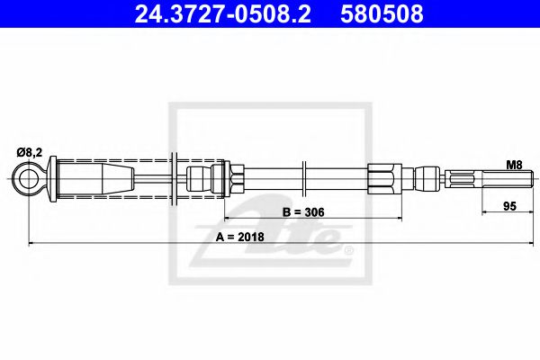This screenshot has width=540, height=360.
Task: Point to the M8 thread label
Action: pos(514,165)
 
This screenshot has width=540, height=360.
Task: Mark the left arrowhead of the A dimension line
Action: pos(33,243)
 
